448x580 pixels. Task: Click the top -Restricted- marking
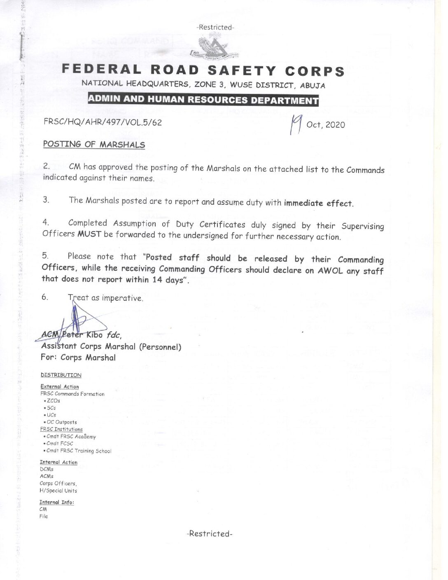point(215,28)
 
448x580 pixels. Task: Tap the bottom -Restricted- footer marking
point(210,534)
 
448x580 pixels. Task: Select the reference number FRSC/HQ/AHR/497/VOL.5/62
point(103,122)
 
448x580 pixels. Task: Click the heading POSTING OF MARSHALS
point(94,145)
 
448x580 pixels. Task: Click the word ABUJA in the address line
point(312,86)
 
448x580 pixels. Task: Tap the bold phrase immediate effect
point(318,203)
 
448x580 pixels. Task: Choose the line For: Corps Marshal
point(78,358)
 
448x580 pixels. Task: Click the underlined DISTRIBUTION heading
point(61,375)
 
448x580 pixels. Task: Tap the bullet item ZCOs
point(53,401)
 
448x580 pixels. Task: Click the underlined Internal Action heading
point(58,463)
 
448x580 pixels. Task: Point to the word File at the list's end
point(44,517)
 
